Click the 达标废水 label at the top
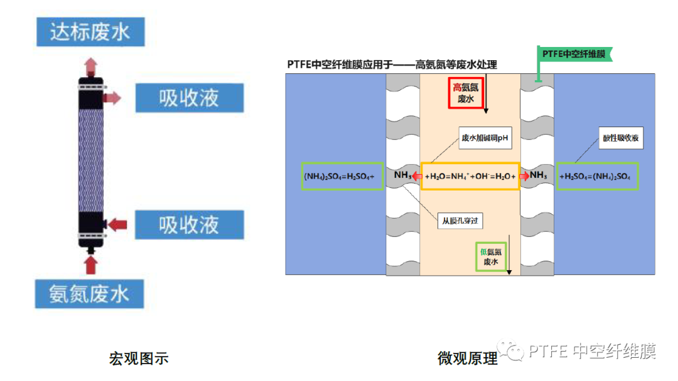tap(90, 31)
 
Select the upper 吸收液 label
tap(189, 98)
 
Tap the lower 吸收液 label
tap(189, 224)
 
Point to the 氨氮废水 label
tap(90, 293)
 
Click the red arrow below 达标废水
tap(91, 65)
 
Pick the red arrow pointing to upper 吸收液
tap(112, 97)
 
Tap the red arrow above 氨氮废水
tap(91, 265)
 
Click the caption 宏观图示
tap(139, 359)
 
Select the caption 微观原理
tap(468, 359)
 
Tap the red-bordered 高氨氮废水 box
tap(466, 93)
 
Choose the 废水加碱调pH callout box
tap(485, 138)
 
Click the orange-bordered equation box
tap(470, 176)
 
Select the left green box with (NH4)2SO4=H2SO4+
tap(340, 176)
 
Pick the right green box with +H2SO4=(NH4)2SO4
tap(597, 176)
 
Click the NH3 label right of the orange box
tap(539, 175)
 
